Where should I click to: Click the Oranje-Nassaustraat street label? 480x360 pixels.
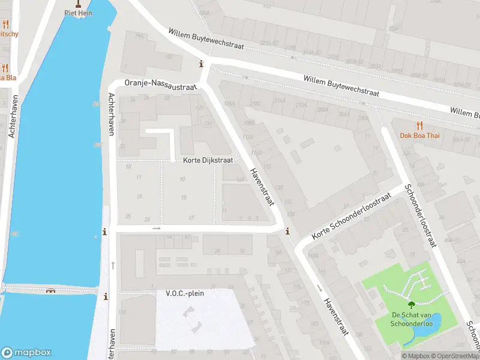(x=160, y=86)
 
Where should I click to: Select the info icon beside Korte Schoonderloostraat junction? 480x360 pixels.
(x=287, y=231)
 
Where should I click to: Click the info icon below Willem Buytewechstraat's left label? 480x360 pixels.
(x=201, y=64)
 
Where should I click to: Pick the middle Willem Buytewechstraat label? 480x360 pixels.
(x=341, y=86)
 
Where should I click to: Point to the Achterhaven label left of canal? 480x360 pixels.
(x=12, y=116)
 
